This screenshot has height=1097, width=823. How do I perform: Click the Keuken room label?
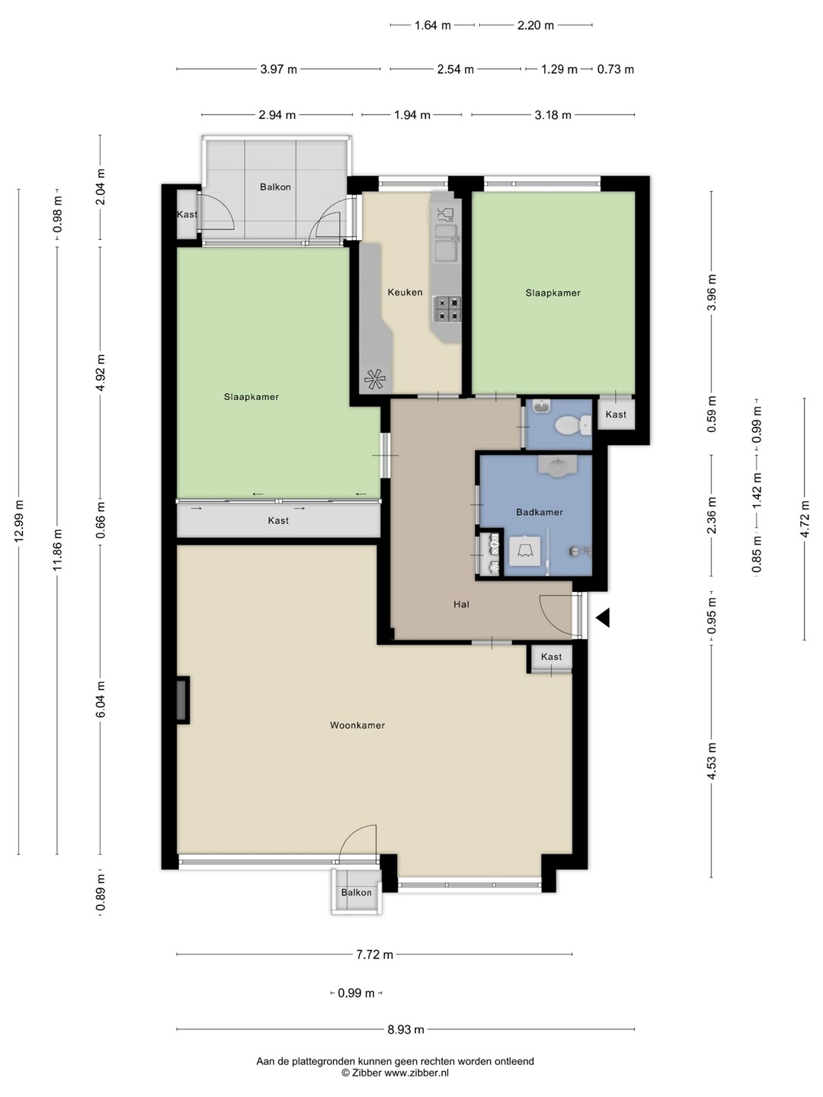pos(405,293)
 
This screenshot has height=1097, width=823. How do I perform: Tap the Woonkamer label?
pos(357,725)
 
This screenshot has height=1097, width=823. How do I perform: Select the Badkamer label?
pos(540,512)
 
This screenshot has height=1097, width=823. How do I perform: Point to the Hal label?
pos(461,604)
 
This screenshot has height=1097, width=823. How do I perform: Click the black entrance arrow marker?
pos(603,619)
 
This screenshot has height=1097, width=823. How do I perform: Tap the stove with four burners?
pos(448,309)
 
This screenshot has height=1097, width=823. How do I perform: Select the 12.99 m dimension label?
pos(19,521)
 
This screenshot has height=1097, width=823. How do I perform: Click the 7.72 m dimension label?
pos(375,955)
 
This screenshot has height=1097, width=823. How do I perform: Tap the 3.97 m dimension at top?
pos(278,69)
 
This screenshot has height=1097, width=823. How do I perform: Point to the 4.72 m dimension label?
pos(805,519)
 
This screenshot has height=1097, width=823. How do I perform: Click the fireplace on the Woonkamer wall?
pos(183,700)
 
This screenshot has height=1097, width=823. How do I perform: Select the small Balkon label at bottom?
pos(357,893)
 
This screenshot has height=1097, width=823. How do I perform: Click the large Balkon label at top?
pos(275,187)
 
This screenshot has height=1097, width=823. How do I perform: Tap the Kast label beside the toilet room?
pos(616,414)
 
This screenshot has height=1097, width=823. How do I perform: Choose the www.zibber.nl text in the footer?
pos(416,1073)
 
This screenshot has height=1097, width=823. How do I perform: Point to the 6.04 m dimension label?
pos(101,699)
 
